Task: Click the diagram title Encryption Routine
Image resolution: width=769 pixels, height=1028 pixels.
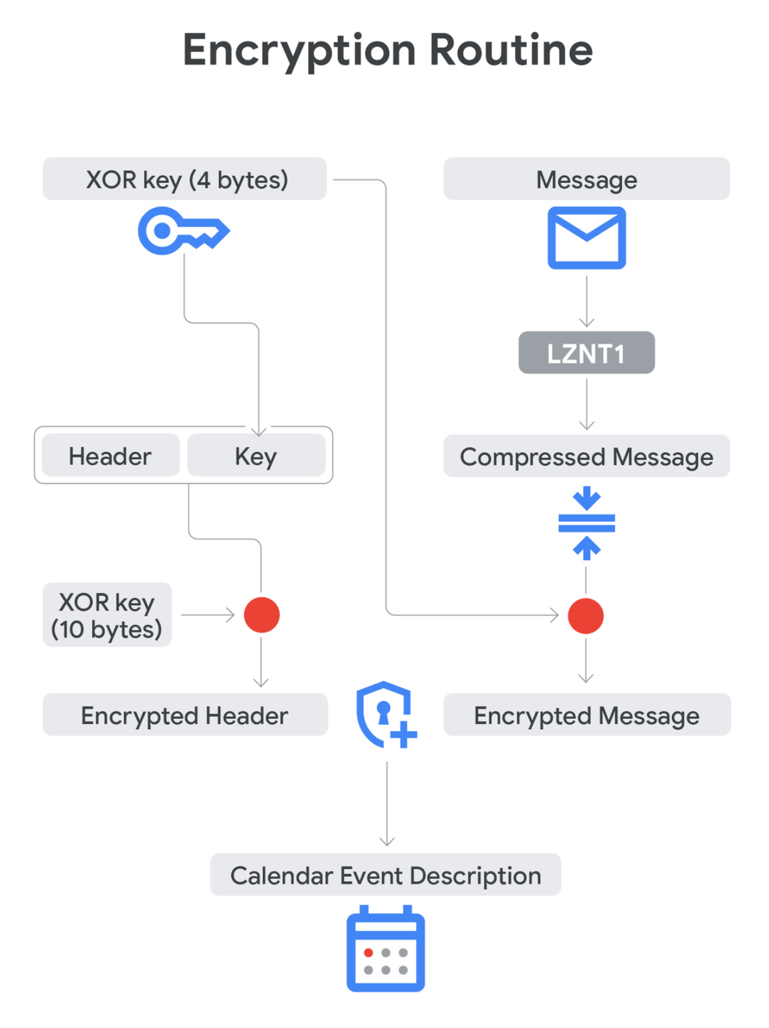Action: coord(387,50)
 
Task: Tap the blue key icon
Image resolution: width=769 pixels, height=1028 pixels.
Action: coord(182,231)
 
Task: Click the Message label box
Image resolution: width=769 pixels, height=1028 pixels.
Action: coord(586,180)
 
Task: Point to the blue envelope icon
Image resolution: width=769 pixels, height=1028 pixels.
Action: coord(586,238)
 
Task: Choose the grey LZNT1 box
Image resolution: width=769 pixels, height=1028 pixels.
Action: coord(586,353)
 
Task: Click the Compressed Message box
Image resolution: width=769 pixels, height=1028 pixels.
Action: coord(586,457)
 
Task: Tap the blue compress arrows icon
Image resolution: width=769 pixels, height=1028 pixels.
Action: coord(586,523)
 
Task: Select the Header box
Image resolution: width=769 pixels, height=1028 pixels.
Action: coord(110,456)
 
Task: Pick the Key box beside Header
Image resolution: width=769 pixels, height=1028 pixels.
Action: coord(256,456)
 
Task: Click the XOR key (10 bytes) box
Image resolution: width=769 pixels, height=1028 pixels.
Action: coord(107,615)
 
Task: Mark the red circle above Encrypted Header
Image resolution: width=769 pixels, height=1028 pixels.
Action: coord(262,615)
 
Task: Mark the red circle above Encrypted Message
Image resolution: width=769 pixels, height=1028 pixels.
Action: coord(586,616)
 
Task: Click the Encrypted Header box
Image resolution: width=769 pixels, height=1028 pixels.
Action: coord(185,715)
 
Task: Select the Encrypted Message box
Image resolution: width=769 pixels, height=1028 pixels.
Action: coord(586,715)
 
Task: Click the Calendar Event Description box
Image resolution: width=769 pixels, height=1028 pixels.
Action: coord(385,875)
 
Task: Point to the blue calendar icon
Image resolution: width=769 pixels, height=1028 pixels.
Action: coord(385,949)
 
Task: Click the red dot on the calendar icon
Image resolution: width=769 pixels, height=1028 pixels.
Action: coord(369,952)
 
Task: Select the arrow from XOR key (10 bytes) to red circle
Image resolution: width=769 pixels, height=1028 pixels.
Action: coord(208,614)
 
